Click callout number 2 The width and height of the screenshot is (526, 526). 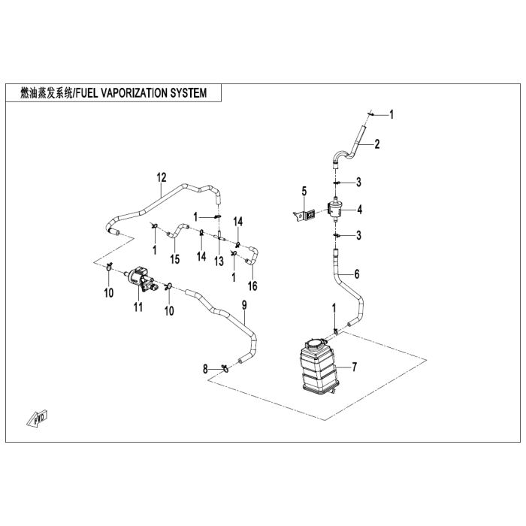377,144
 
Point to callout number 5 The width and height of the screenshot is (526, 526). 305,191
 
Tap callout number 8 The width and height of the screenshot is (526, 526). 205,369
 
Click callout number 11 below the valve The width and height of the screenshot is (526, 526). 138,307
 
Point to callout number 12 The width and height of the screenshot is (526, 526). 160,178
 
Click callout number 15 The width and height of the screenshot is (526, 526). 174,259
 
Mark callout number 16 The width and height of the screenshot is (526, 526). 252,286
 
